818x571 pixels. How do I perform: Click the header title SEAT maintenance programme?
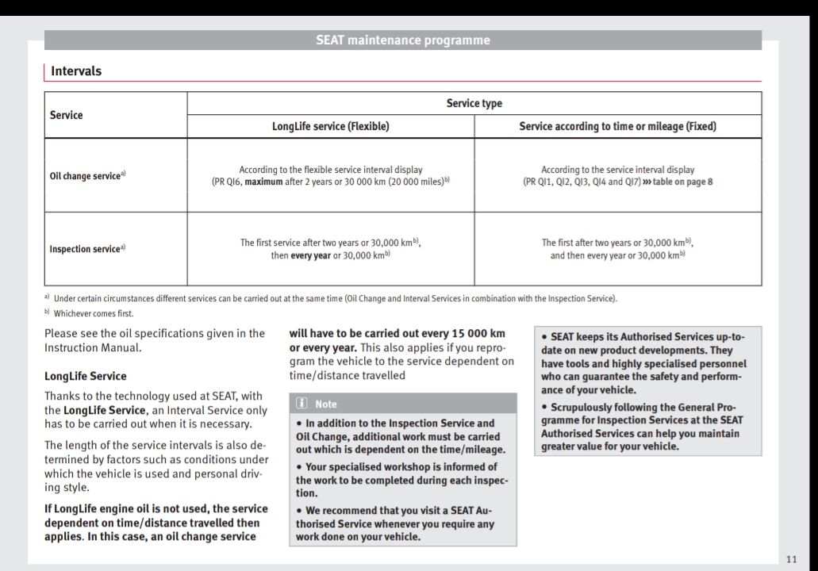pyautogui.click(x=402, y=40)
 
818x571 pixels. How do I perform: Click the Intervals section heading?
pyautogui.click(x=76, y=71)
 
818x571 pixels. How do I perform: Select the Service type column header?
pyautogui.click(x=474, y=103)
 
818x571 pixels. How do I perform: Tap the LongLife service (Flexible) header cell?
pyautogui.click(x=330, y=126)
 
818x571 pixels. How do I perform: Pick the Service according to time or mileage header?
pyautogui.click(x=617, y=126)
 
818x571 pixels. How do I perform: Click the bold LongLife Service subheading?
pyautogui.click(x=85, y=376)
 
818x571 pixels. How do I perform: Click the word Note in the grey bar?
pyautogui.click(x=325, y=404)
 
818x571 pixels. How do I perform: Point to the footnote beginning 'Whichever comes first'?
pyautogui.click(x=94, y=313)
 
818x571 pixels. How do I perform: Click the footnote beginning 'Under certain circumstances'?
pyautogui.click(x=333, y=298)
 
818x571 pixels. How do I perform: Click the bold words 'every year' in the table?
pyautogui.click(x=310, y=255)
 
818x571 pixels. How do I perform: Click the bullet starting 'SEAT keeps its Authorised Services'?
pyautogui.click(x=643, y=362)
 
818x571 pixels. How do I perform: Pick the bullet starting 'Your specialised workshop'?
pyautogui.click(x=402, y=480)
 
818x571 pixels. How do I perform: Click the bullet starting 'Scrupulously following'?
pyautogui.click(x=643, y=427)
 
